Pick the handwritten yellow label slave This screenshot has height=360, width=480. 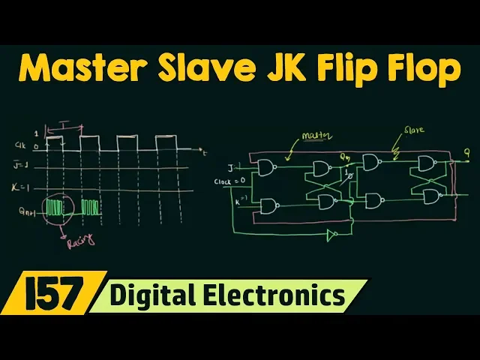coord(414,130)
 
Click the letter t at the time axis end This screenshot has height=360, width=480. coord(205,152)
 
